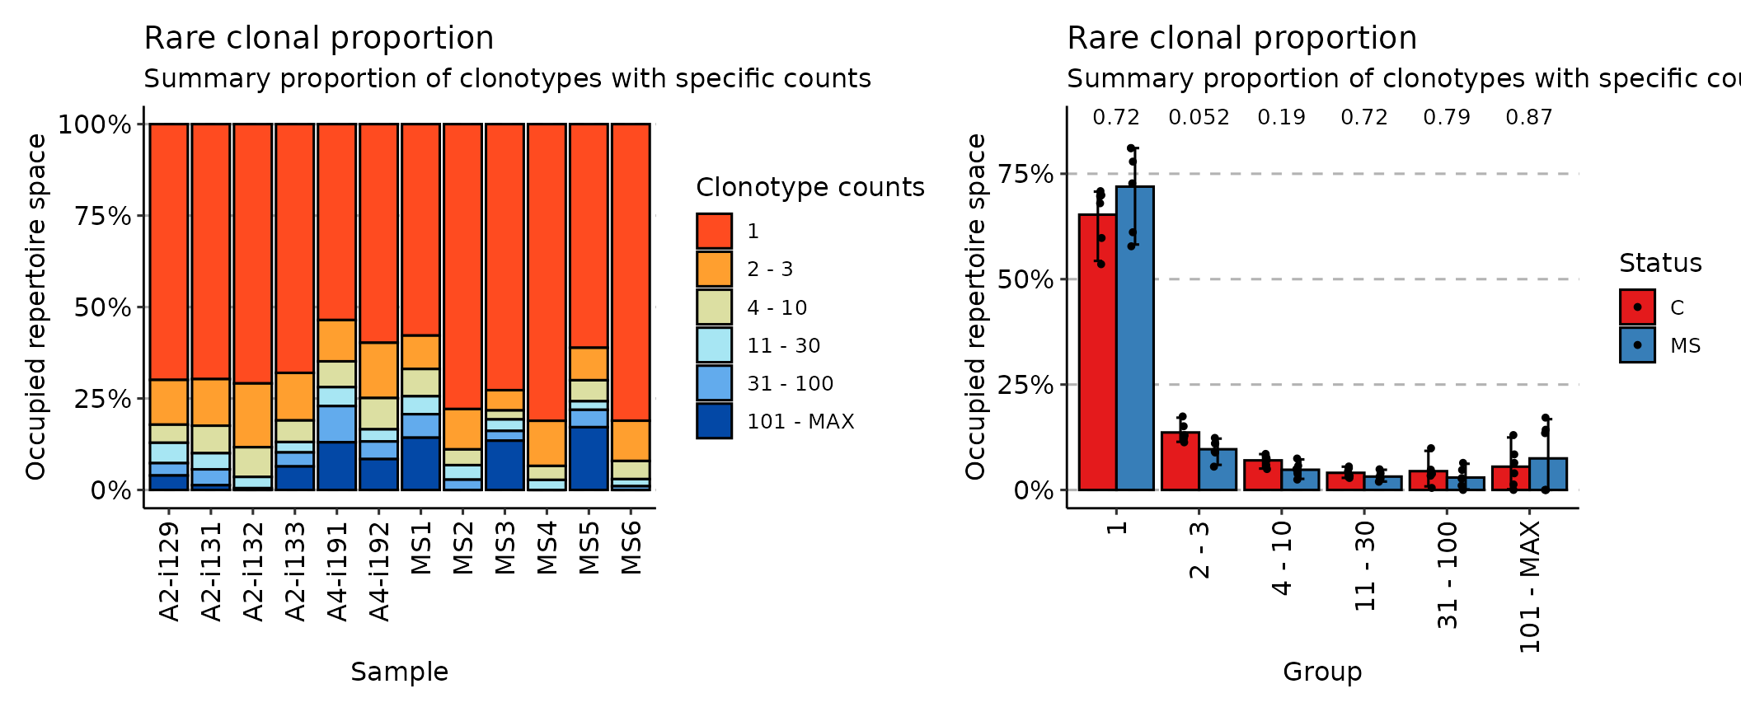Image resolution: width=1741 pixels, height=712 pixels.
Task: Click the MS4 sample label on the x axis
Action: [x=547, y=548]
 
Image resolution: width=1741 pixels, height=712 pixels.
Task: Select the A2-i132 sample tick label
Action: [x=253, y=571]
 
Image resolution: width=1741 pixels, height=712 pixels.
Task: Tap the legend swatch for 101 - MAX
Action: [x=714, y=421]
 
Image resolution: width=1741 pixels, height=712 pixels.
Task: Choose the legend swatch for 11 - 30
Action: [x=714, y=345]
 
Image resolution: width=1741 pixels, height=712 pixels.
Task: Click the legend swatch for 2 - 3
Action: [x=714, y=269]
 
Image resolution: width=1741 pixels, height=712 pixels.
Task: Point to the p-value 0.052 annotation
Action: [x=1199, y=118]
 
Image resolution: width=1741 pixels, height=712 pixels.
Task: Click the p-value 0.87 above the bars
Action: [x=1529, y=118]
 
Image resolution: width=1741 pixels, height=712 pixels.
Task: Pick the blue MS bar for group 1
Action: [x=1135, y=338]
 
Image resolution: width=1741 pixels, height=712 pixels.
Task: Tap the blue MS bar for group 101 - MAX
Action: [x=1548, y=475]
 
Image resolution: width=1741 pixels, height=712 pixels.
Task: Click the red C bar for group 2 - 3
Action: [x=1180, y=461]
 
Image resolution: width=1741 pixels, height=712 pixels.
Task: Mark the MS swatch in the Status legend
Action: [x=1637, y=345]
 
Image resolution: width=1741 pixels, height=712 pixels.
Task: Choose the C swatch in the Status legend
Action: [x=1637, y=307]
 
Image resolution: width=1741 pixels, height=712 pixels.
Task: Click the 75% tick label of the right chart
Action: [x=1025, y=174]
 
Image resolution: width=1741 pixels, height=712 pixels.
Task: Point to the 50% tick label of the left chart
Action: [x=102, y=307]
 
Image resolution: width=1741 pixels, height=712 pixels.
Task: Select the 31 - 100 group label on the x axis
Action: [x=1448, y=575]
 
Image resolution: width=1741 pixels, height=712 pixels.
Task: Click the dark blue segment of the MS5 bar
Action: [x=589, y=458]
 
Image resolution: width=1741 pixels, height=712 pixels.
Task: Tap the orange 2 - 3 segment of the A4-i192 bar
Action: [x=378, y=370]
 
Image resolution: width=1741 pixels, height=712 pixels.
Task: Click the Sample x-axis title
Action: [x=399, y=672]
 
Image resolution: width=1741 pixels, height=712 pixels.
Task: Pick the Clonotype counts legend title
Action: [x=809, y=187]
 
